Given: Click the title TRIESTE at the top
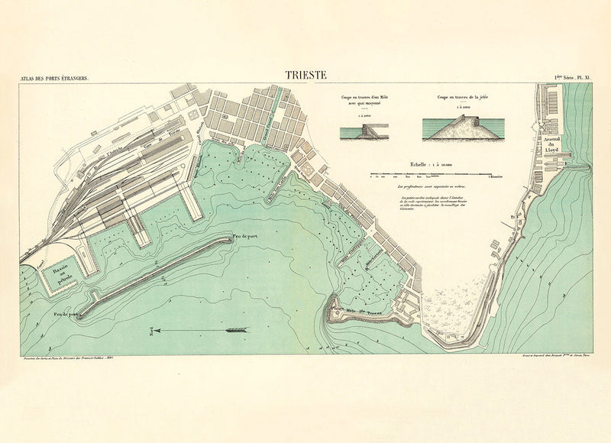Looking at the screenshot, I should point(305,75).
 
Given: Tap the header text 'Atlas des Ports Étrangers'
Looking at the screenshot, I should point(56,78).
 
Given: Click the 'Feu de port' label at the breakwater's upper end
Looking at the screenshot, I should point(246,237).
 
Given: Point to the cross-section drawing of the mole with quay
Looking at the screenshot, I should point(364,131).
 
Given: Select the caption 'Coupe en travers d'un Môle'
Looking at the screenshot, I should point(364,99).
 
